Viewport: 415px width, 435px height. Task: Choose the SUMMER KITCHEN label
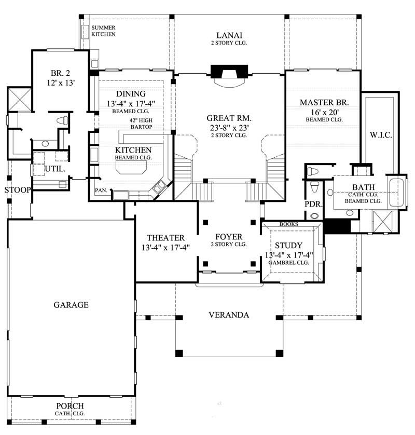coord(103,31)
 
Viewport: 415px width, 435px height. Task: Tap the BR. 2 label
coord(57,73)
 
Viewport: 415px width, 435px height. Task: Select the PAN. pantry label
coord(101,191)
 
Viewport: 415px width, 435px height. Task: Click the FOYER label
coord(228,237)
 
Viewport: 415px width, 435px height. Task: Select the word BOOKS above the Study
coord(287,224)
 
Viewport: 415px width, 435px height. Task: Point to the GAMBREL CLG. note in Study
coord(288,263)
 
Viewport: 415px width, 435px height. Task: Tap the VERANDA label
coord(229,315)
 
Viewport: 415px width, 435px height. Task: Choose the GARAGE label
coord(71,305)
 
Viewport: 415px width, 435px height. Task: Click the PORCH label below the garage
coord(70,405)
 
